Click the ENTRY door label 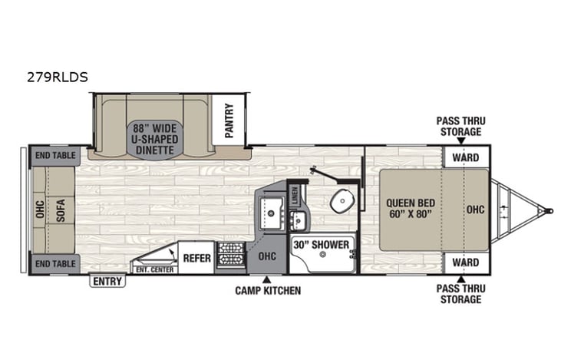point(107,282)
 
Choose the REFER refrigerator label point(196,258)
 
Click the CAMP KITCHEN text point(267,291)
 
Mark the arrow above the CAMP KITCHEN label point(267,279)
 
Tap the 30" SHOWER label point(322,246)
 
